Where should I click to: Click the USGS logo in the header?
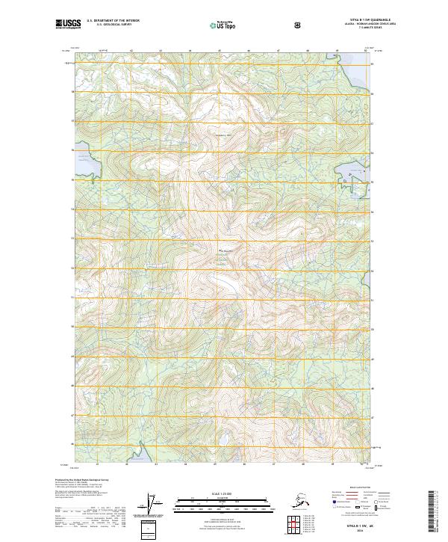[69, 25]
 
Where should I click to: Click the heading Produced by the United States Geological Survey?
[82, 479]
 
